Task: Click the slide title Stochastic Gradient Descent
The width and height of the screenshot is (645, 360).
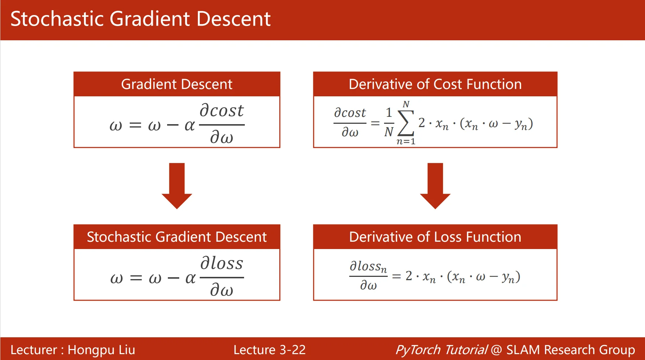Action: click(140, 19)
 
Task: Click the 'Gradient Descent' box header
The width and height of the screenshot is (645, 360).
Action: click(177, 84)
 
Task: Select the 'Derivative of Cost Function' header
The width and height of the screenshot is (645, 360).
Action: click(435, 84)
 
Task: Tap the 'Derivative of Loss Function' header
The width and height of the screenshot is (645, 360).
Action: click(435, 237)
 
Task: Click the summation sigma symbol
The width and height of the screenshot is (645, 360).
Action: click(406, 123)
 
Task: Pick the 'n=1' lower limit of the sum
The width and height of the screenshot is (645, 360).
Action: click(406, 141)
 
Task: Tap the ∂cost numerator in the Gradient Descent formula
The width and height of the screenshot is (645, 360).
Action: click(221, 111)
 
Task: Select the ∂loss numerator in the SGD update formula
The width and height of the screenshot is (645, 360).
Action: click(221, 263)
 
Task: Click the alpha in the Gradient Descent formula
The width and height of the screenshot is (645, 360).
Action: click(189, 125)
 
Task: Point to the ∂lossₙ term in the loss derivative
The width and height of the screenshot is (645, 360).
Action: click(368, 266)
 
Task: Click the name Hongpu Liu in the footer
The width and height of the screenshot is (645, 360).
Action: click(102, 350)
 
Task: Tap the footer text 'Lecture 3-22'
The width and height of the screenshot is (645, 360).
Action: click(269, 350)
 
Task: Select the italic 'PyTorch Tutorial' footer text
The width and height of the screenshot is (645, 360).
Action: click(441, 350)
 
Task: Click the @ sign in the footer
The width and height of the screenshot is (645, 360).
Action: click(496, 350)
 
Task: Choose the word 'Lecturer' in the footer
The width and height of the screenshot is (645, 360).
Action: click(34, 350)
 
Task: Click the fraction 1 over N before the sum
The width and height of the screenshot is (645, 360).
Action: click(389, 122)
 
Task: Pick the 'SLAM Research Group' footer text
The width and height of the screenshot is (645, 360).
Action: click(571, 350)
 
